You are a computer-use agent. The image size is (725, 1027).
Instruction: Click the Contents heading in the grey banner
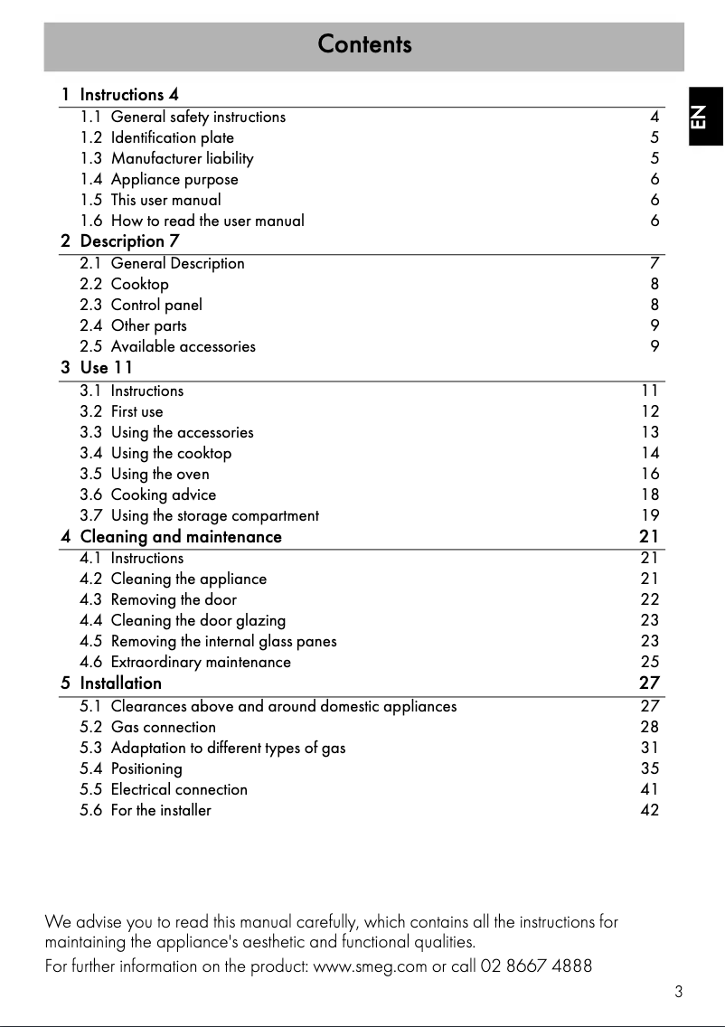(x=364, y=44)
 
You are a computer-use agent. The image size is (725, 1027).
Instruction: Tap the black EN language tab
(x=698, y=117)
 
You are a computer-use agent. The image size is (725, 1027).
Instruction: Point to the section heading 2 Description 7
(x=120, y=241)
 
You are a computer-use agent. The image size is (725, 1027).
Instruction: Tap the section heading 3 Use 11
(x=97, y=368)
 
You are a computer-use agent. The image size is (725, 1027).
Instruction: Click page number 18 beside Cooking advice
(x=650, y=495)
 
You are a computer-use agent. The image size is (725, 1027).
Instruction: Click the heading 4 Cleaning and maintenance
(x=172, y=537)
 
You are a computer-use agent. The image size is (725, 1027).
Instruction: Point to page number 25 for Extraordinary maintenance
(x=650, y=662)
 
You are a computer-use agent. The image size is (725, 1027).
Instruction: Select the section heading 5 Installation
(x=111, y=683)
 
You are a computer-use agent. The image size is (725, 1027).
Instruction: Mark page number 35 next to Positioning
(x=650, y=768)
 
